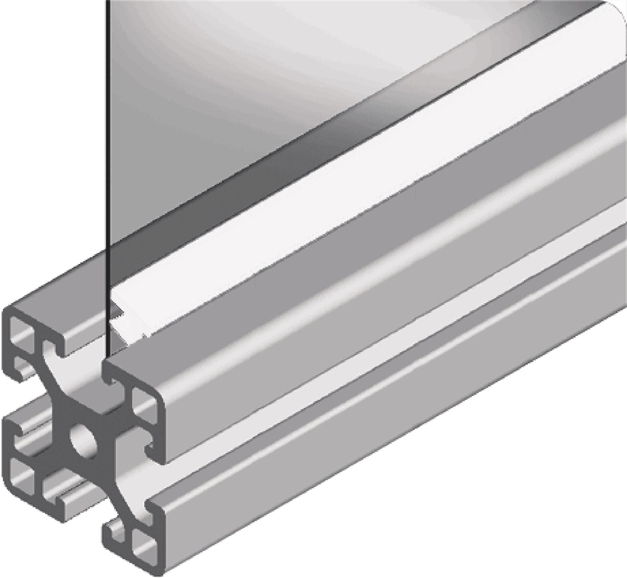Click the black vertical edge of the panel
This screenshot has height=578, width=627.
coord(106,157)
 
